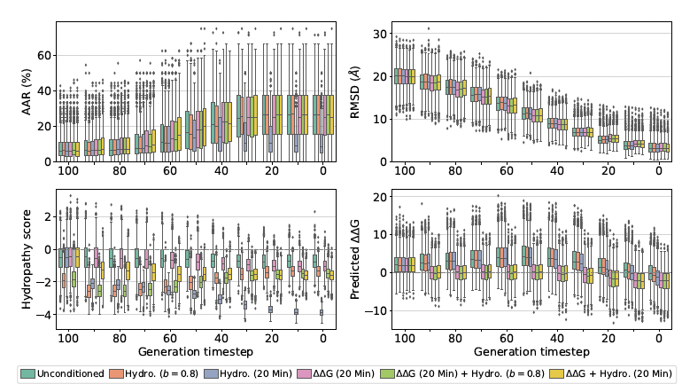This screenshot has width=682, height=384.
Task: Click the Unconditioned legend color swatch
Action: pyautogui.click(x=27, y=373)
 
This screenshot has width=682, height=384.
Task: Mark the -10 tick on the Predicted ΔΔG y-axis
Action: pyautogui.click(x=382, y=310)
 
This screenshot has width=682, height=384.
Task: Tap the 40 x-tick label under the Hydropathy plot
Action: pyautogui.click(x=221, y=337)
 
